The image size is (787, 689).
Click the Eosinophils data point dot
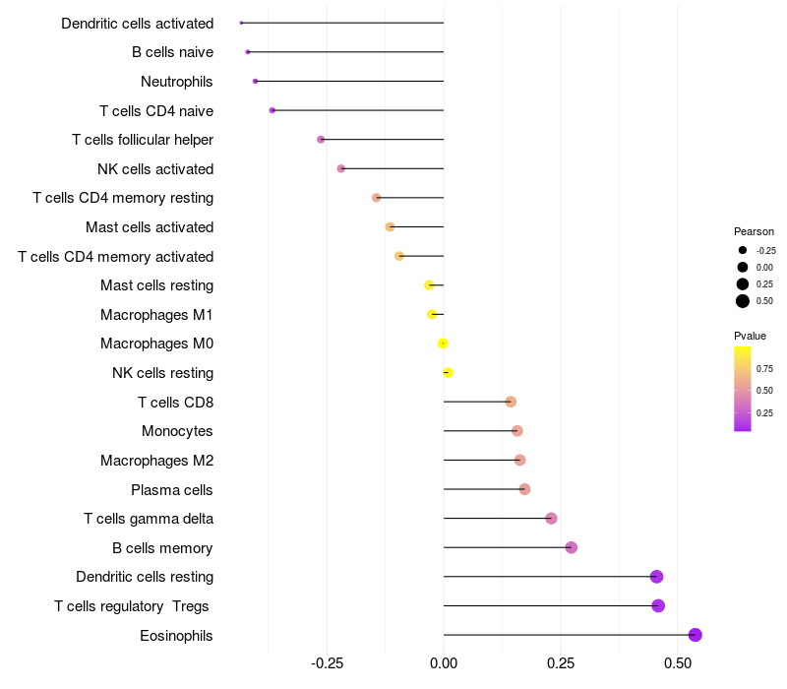pos(695,635)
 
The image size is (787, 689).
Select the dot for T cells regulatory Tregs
pos(658,605)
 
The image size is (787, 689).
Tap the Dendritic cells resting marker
pos(656,577)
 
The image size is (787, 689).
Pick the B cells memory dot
pos(571,547)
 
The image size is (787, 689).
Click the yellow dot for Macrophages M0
pos(443,344)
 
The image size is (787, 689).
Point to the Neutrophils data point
pos(255,81)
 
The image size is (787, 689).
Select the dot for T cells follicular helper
pos(321,140)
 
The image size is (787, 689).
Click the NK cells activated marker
pos(341,168)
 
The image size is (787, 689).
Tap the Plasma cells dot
pos(524,489)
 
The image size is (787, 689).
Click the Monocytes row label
pos(177,431)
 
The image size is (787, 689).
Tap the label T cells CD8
pos(175,402)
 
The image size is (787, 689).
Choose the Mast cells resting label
pos(156,285)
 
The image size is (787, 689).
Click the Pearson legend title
pos(754,231)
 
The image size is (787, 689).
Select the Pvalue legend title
pos(750,336)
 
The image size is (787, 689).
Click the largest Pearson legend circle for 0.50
pos(743,301)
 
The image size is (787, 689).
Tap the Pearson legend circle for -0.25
pos(743,250)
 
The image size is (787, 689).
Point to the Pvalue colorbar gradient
pos(743,389)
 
